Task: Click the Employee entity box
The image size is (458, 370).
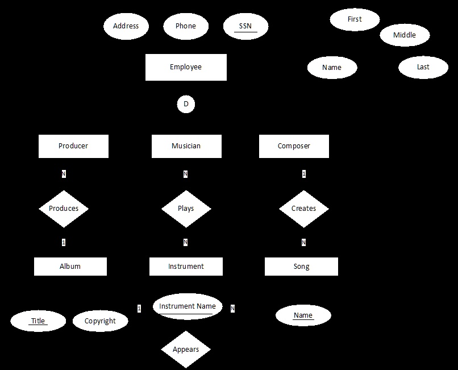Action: click(x=186, y=67)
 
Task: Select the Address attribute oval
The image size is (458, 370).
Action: click(x=126, y=26)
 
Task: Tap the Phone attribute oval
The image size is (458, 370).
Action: click(x=186, y=26)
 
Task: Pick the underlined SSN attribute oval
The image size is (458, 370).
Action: click(x=245, y=26)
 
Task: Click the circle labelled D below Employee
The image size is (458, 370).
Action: click(x=186, y=105)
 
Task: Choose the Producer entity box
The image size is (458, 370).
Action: click(x=73, y=146)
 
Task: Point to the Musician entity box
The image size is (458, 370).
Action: click(x=186, y=146)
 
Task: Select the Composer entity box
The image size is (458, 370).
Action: click(x=294, y=146)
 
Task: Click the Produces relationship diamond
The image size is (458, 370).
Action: click(x=64, y=209)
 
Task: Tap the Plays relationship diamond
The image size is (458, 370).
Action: click(x=186, y=209)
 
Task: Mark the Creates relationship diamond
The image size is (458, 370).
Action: click(x=303, y=209)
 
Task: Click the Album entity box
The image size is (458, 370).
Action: click(x=70, y=267)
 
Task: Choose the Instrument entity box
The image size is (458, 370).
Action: click(x=186, y=267)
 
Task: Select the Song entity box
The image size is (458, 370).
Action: click(x=301, y=267)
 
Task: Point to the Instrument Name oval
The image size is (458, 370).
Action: click(x=188, y=306)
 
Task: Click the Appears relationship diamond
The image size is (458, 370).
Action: click(x=186, y=349)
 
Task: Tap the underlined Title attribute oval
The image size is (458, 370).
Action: click(x=38, y=321)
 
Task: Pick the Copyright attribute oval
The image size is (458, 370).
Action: click(x=100, y=321)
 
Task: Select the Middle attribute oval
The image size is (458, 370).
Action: click(x=405, y=35)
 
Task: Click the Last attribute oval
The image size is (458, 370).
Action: click(x=423, y=67)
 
